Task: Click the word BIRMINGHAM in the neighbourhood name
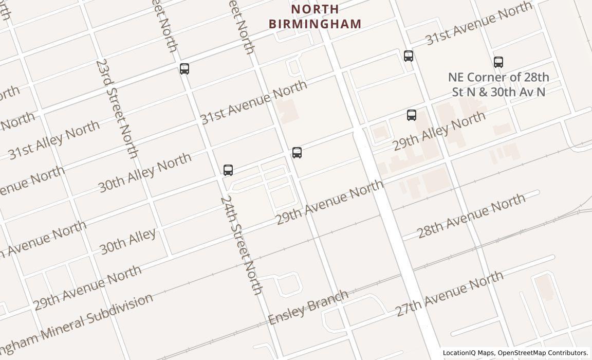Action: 315,24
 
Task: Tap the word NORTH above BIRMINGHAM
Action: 315,9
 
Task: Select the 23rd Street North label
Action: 117,109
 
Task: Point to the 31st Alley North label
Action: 54,139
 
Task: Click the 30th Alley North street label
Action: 145,172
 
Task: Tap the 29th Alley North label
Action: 439,130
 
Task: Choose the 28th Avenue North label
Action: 471,215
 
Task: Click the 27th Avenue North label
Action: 449,294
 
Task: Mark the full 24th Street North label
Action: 242,245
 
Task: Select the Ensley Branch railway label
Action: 308,308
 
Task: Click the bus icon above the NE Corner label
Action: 498,62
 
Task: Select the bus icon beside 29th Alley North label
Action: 412,115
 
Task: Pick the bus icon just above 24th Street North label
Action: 228,170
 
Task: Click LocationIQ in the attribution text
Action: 459,353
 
